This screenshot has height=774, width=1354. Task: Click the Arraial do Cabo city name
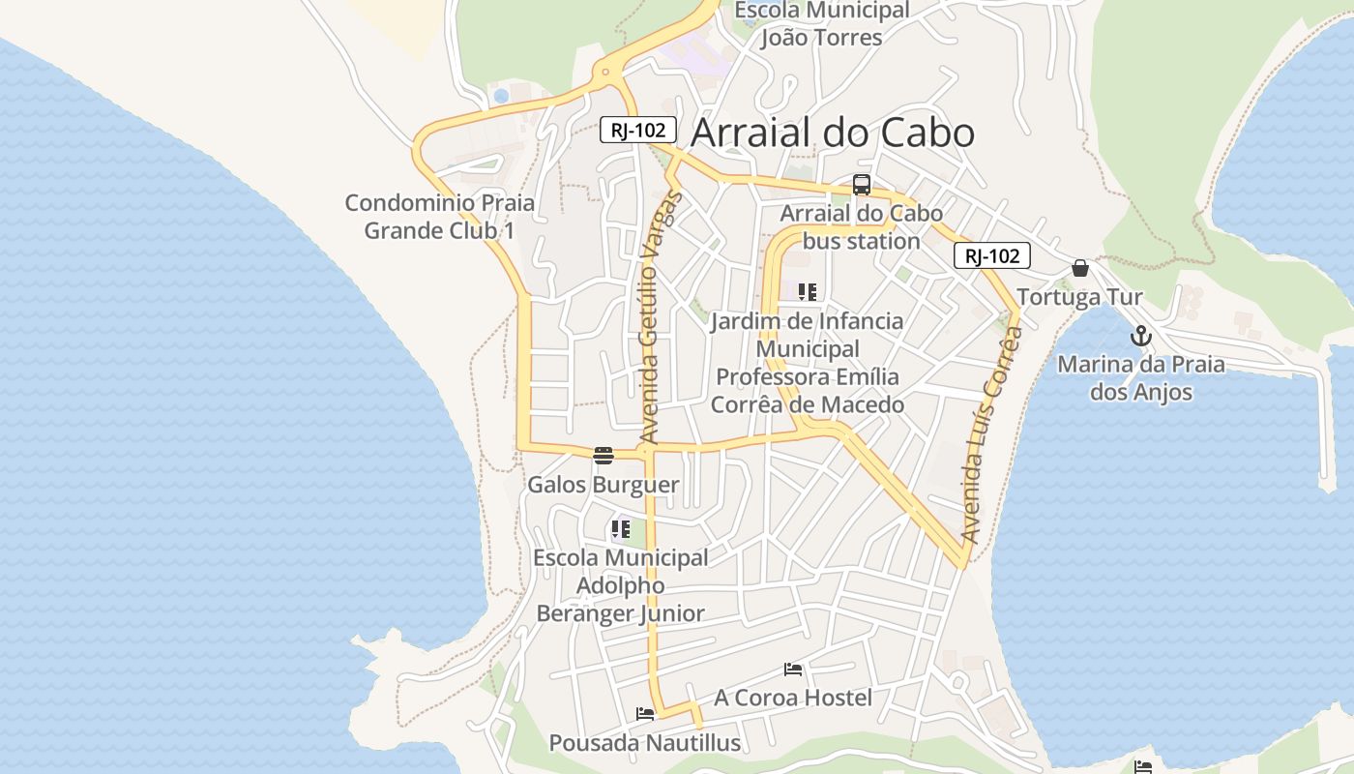coord(833,133)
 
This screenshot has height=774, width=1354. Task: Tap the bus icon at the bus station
coord(862,185)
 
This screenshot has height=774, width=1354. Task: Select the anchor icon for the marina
coord(1141,337)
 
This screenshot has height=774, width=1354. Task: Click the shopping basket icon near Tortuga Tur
coord(1080,268)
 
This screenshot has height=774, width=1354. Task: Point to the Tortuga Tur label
coord(1079,297)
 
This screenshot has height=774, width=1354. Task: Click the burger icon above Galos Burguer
coord(603,456)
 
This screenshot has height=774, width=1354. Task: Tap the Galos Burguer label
coord(603,485)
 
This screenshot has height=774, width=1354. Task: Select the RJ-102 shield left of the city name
coord(637,130)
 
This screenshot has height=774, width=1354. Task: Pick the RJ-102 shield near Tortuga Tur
coord(991,255)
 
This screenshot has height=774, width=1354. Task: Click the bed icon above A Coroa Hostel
coord(793,670)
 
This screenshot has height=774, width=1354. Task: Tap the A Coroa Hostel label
coord(793,698)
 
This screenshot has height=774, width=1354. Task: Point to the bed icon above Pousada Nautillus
coord(645,715)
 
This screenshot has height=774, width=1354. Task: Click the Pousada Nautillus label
coord(645,743)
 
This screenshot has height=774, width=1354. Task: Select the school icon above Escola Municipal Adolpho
coord(620,529)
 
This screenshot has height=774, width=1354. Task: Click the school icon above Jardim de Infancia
coord(808,291)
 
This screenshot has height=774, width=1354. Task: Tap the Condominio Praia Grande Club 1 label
coord(440,217)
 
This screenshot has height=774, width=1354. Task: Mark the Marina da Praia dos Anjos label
coord(1140,378)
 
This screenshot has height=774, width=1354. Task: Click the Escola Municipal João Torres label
coord(821,24)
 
